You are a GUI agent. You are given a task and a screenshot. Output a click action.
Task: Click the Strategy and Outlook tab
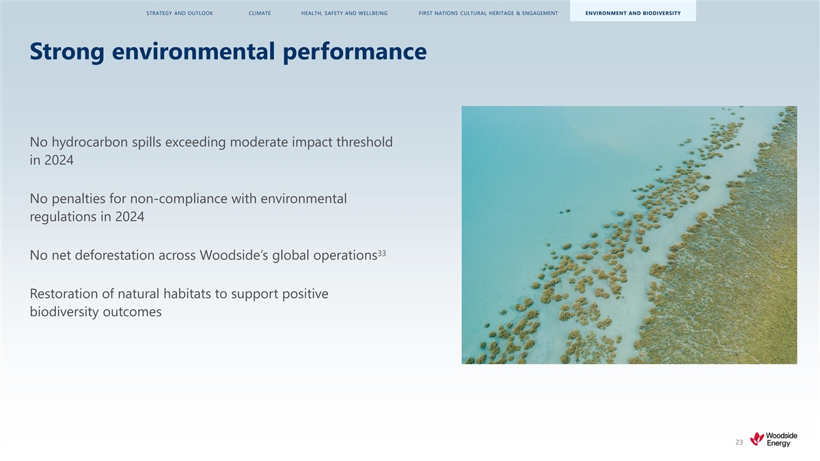coord(179,13)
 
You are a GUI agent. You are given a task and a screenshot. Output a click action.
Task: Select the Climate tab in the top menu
coord(260,13)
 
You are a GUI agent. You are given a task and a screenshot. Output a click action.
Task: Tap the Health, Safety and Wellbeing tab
coord(344,13)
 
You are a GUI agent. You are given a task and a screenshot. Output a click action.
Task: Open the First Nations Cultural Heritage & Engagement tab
coord(488,13)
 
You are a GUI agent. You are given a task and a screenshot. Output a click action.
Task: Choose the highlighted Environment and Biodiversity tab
coord(633,13)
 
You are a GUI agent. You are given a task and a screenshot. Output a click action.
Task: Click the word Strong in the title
coord(67,52)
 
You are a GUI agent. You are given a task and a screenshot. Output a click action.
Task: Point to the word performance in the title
coord(355,53)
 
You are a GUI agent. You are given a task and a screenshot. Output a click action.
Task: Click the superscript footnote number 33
coord(381,253)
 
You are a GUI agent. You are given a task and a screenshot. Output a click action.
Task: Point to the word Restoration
coord(64,294)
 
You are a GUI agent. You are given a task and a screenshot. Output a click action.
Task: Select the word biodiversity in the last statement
coord(64,312)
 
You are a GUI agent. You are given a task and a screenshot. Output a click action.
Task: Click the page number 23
coord(739,443)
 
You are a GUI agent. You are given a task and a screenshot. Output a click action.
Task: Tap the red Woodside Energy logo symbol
coord(756,438)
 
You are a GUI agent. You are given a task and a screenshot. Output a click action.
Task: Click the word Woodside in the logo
coord(781,436)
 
